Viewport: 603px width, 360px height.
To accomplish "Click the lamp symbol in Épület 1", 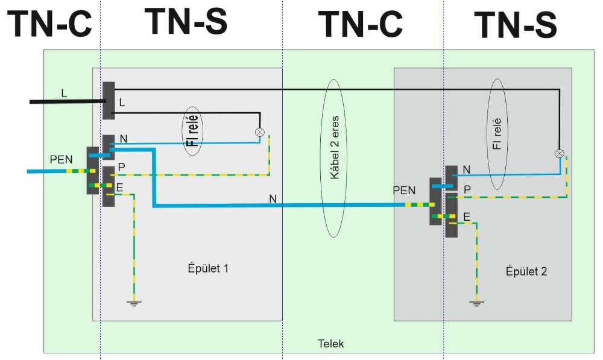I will coord(260,132).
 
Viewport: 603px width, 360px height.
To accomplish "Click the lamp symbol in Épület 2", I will coord(559,153).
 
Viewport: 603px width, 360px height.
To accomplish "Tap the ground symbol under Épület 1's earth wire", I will coord(134,303).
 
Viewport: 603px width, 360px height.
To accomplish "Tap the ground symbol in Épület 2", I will coord(477,303).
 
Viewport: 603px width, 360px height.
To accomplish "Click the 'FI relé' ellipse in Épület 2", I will coord(497,133).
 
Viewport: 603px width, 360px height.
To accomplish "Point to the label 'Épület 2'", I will coord(526,271).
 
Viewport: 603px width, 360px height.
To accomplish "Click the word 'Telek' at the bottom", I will coord(330,344).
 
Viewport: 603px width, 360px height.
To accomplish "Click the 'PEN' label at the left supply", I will coord(61,160).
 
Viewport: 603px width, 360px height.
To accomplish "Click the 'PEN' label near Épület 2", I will coord(404,191).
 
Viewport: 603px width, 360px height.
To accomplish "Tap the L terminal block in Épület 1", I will coord(109,100).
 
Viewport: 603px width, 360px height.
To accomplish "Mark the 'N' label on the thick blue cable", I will coord(273,198).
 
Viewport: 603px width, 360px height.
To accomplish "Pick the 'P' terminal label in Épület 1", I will coord(121,167).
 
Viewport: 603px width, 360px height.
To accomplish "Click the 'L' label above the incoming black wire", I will coord(64,93).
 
